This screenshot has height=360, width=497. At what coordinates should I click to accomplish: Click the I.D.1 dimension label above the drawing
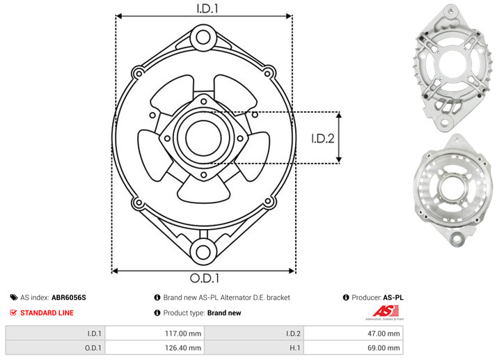pos(207,8)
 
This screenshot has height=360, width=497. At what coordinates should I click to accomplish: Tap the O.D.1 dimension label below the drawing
pos(205,278)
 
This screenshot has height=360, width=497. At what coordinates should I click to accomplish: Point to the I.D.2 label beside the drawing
pos(322,139)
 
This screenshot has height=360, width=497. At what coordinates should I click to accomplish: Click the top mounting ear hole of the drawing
pos(203,38)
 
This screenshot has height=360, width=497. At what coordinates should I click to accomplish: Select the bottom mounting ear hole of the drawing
pos(203,252)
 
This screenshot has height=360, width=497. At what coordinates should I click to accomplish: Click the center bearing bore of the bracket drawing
pos(203,138)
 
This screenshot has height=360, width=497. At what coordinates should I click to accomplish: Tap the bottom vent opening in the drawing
pos(203,190)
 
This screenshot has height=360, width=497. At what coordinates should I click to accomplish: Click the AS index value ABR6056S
pos(68,297)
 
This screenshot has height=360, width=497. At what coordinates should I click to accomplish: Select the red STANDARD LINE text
pos(47,313)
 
